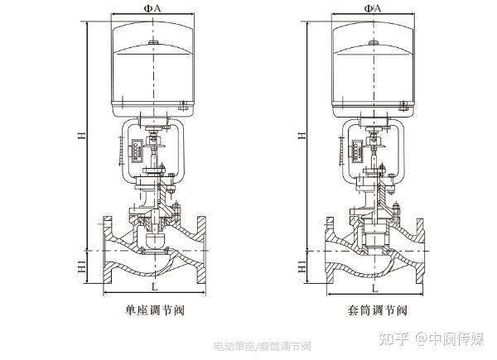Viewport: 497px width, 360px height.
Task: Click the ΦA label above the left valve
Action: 152,7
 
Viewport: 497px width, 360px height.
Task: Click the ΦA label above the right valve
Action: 374,7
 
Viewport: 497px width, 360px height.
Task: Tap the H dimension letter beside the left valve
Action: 81,137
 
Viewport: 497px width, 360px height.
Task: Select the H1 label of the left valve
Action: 82,267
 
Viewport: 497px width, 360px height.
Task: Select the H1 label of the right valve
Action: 302,267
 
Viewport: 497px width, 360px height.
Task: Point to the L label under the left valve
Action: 154,286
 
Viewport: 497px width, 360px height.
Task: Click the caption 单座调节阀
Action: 154,311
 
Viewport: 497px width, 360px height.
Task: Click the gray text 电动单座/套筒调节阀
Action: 262,345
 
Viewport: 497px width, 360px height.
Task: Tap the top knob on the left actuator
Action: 152,41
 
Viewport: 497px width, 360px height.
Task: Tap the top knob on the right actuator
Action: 373,41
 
